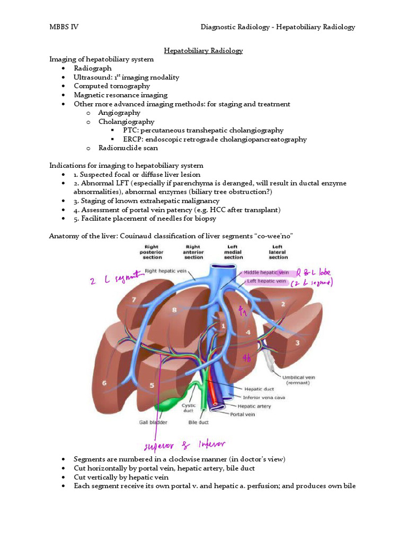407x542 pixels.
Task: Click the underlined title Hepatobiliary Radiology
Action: point(203,50)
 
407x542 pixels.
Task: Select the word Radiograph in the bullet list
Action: point(93,68)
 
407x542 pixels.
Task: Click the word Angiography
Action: point(119,113)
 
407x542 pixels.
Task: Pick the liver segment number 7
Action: point(134,300)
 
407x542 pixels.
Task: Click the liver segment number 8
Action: point(174,311)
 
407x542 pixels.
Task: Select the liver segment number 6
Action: point(104,383)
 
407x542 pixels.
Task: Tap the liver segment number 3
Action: point(297,342)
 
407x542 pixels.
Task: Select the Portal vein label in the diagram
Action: point(242,414)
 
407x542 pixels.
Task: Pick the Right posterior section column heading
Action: point(152,252)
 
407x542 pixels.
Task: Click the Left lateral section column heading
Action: point(278,252)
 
